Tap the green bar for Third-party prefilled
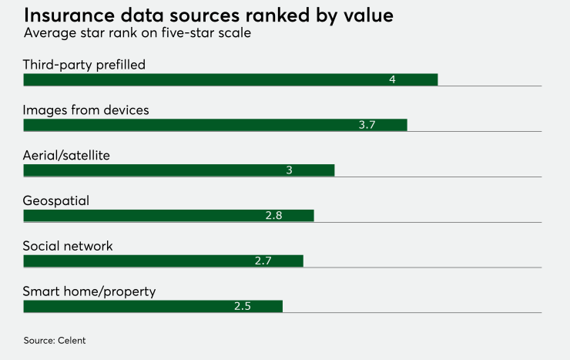pos(230,80)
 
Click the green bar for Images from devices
pos(215,125)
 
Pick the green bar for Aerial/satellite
pos(179,170)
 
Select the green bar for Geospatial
pos(169,215)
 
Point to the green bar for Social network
pos(163,261)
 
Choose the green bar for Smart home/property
pos(153,306)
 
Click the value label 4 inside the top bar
pos(392,80)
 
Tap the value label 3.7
pos(367,125)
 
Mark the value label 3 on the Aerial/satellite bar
pos(289,170)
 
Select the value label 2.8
pos(273,215)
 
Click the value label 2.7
pos(263,261)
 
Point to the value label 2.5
pos(243,306)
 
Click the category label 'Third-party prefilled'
pos(84,65)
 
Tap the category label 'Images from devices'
pos(85,110)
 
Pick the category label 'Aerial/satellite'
pos(66,156)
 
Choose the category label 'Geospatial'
pos(56,200)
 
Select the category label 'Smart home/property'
pos(89,291)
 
